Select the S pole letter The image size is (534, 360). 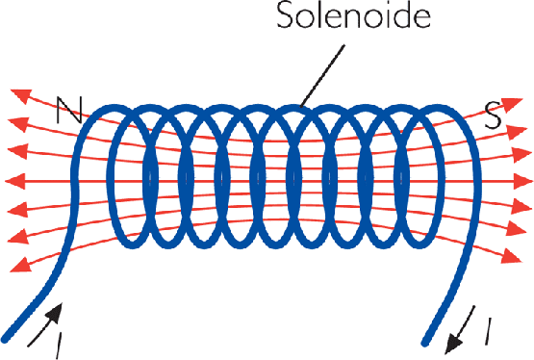(x=492, y=118)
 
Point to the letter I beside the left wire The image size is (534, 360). (x=59, y=340)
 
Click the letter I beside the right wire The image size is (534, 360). (x=490, y=332)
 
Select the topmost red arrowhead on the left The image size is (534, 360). (x=17, y=94)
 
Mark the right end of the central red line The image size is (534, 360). (x=525, y=181)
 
